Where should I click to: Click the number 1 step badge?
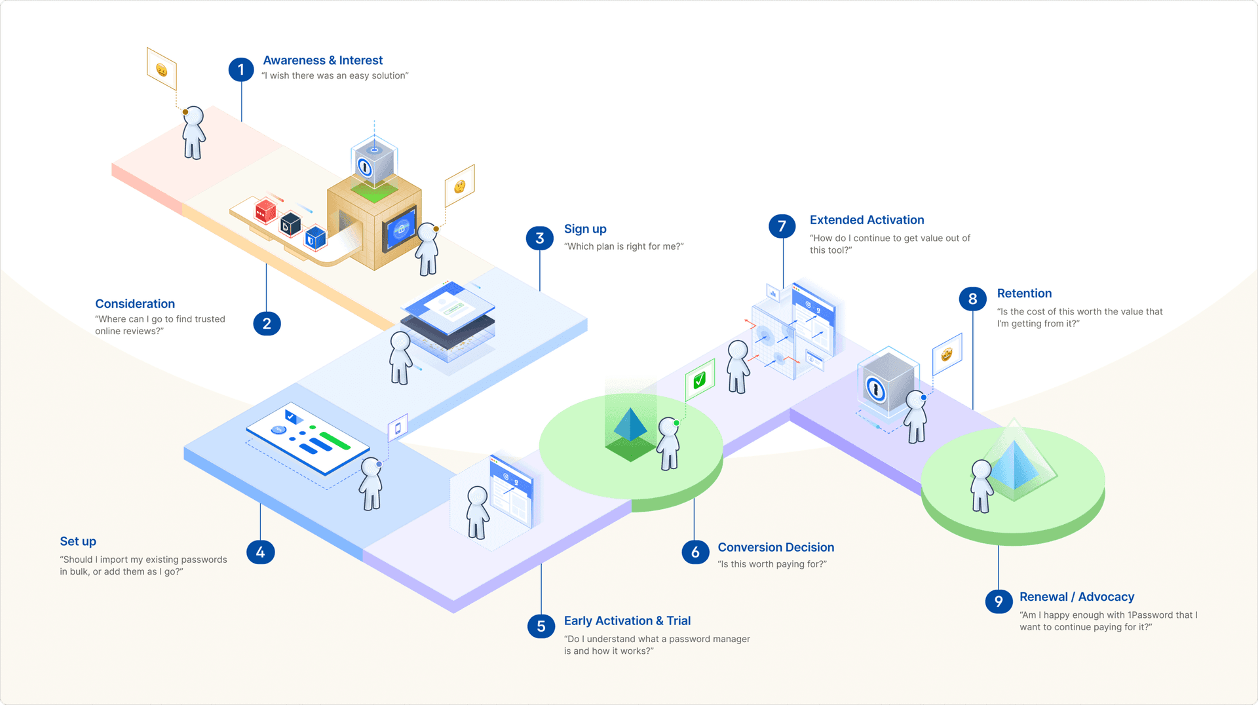click(240, 69)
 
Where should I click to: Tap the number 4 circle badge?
click(260, 552)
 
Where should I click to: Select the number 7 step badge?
click(782, 227)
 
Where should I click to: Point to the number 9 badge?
click(998, 601)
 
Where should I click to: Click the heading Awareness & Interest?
click(322, 60)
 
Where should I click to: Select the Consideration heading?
click(135, 304)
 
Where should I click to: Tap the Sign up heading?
click(585, 229)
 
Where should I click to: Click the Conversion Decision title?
click(776, 548)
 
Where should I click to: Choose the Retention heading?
click(1024, 294)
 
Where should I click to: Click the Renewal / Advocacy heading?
click(1077, 597)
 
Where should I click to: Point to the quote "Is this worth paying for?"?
click(772, 564)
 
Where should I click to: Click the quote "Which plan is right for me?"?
click(624, 246)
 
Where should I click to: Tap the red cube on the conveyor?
click(265, 211)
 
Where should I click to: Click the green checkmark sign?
click(700, 379)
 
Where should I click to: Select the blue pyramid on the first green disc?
click(630, 426)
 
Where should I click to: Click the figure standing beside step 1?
click(193, 133)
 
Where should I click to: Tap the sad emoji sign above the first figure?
click(161, 69)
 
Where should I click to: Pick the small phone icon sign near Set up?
click(398, 429)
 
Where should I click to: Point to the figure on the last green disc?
click(981, 486)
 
